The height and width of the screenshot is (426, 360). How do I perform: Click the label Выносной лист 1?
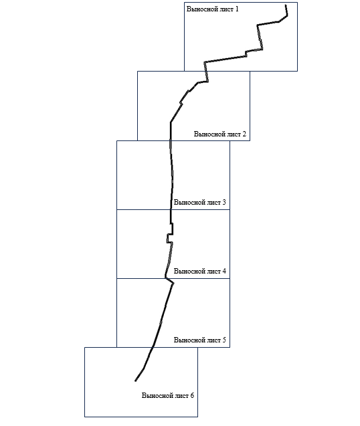pos(212,9)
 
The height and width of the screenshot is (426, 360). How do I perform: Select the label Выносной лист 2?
pos(219,134)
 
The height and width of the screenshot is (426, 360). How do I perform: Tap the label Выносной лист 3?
pos(199,203)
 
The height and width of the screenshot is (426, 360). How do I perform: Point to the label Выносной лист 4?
pos(199,271)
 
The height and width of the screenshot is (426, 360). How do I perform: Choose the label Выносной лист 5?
pos(199,340)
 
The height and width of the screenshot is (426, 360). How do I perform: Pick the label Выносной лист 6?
pos(168,396)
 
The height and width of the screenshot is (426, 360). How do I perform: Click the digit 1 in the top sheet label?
pos(237,9)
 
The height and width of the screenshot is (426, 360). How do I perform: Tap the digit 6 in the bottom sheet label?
pos(192,396)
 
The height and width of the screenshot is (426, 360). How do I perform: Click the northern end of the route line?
pos(286,5)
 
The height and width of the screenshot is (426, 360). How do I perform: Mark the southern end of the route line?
pos(135,381)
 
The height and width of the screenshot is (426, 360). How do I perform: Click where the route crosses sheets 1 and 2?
pos(206,71)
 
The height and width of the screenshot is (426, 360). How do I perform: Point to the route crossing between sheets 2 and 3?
pos(171,140)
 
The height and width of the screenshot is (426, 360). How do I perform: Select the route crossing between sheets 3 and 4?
pos(171,209)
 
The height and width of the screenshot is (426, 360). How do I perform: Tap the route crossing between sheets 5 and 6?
pos(153,347)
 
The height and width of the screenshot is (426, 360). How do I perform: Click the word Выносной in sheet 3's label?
pos(189,203)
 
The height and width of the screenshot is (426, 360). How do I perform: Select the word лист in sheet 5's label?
pos(213,340)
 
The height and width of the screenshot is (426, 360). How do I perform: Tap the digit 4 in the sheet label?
pos(224,271)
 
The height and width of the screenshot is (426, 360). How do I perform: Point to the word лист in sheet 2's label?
pos(234,134)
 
